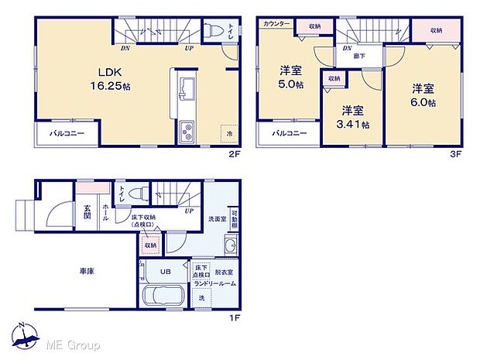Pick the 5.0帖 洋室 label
click(291, 80)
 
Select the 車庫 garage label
click(87, 272)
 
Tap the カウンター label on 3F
click(276, 25)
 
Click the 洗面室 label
click(217, 217)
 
